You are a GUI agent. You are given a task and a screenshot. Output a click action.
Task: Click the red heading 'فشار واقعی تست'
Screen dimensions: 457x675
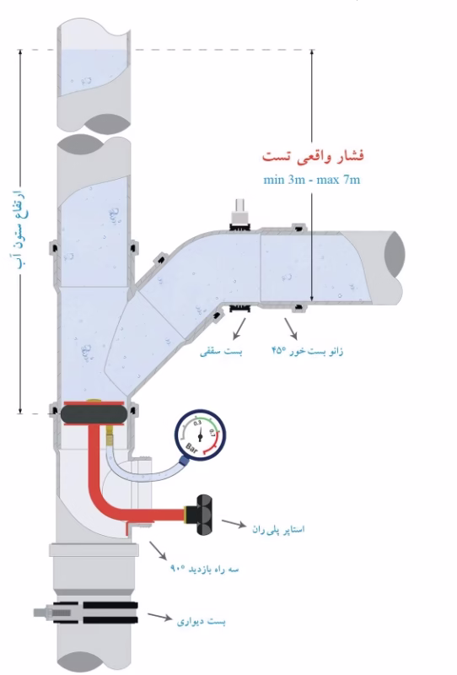[x=313, y=156]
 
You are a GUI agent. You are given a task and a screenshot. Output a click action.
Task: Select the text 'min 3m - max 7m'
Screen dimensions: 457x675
[x=311, y=180]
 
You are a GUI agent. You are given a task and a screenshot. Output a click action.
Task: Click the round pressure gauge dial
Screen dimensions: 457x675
[x=200, y=435]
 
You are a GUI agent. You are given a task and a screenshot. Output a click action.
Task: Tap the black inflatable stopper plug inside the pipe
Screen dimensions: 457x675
[x=93, y=413]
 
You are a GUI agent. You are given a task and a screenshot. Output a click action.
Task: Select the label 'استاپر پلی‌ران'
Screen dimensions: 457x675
[x=278, y=529]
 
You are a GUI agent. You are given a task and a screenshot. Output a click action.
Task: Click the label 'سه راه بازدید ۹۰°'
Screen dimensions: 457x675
[x=204, y=569]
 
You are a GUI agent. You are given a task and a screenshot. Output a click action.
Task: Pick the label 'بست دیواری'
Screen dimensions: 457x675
[x=201, y=621]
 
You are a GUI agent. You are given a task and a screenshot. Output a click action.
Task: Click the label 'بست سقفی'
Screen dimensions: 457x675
[x=221, y=352]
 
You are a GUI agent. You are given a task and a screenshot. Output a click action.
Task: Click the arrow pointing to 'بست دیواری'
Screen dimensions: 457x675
[x=160, y=617]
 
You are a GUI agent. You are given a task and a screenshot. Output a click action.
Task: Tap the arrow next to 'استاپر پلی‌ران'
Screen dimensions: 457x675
[x=234, y=523]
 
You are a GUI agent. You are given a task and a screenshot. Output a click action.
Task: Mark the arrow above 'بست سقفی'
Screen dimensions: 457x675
[x=239, y=328]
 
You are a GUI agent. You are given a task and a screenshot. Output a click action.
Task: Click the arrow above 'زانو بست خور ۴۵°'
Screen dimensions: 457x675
[x=290, y=328]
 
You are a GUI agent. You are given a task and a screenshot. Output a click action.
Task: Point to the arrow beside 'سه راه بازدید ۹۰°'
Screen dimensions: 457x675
[x=158, y=551]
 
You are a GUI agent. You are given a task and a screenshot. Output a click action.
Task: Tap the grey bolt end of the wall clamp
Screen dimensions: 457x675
[x=43, y=613]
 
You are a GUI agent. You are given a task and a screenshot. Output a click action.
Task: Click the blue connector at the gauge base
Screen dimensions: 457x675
[x=184, y=462]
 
